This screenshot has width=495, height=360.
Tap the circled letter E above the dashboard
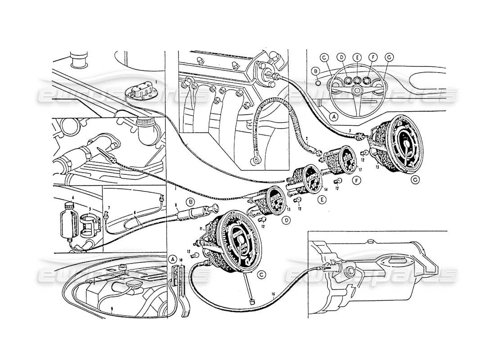357,57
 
